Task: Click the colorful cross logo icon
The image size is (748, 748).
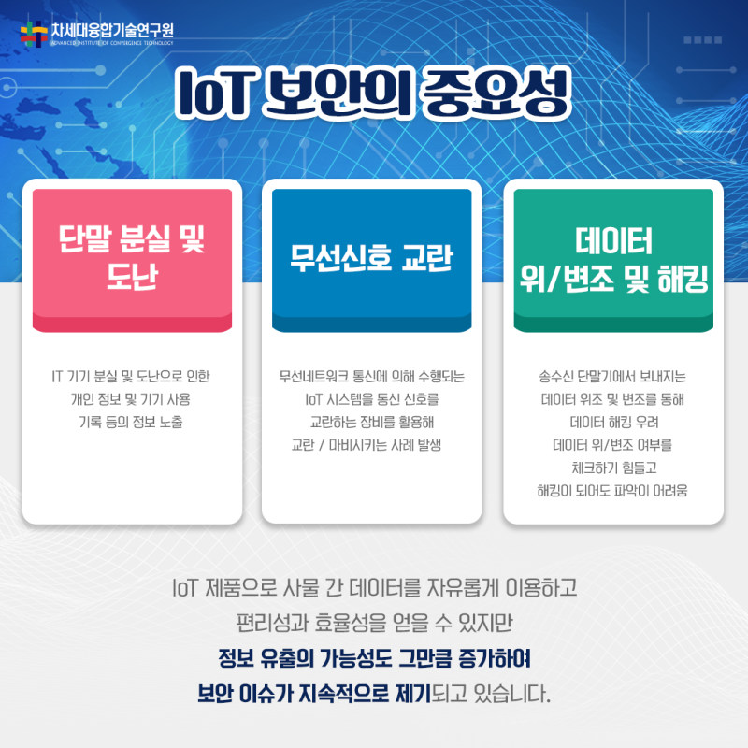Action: pos(34,34)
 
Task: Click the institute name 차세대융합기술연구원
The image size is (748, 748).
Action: pos(112,30)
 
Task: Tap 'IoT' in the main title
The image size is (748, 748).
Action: pos(213,93)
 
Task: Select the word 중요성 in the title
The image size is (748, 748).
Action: pos(496,93)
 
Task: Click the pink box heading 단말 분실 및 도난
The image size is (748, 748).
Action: pos(132,257)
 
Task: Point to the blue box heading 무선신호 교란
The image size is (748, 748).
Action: pos(371,258)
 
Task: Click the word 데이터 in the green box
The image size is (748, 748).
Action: pos(613,241)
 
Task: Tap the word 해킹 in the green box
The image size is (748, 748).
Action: pos(683,279)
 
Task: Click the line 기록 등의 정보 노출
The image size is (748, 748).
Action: pos(131,423)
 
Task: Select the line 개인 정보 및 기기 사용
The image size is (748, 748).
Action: pos(131,399)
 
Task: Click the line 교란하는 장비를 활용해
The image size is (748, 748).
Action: pos(372,423)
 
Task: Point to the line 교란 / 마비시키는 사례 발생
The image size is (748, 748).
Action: pos(367,445)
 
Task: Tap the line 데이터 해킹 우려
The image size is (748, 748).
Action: pos(614,423)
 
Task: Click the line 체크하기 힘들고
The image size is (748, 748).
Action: pos(614,468)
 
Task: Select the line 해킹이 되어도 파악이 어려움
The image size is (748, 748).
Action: pos(612,491)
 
